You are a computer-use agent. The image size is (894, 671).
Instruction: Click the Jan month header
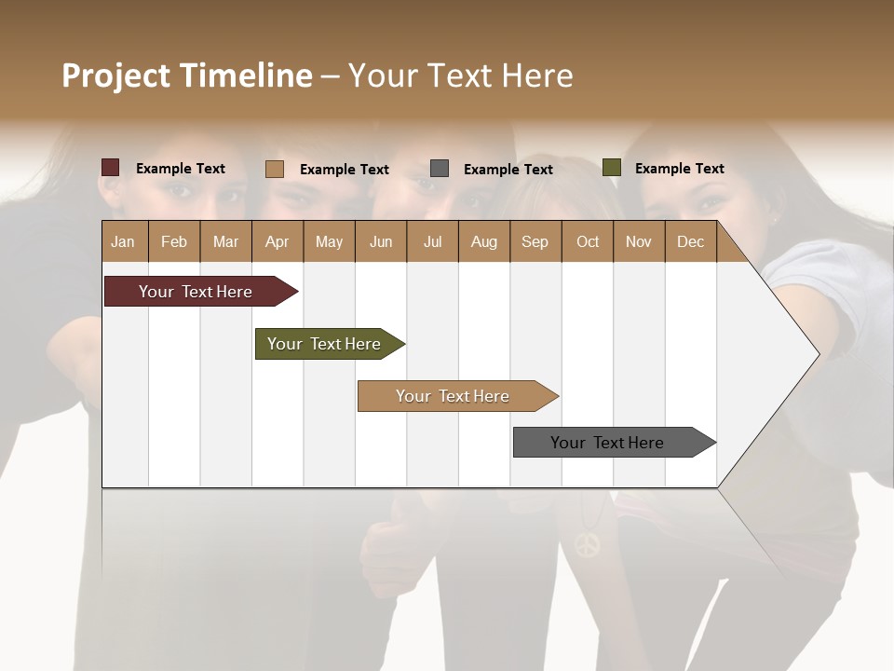tap(123, 241)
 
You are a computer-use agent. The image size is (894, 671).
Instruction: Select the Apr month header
tap(277, 241)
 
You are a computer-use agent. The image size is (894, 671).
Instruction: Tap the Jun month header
tap(381, 241)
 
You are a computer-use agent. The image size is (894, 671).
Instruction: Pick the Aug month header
tap(483, 241)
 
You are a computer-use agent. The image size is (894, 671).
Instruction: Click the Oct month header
tap(588, 241)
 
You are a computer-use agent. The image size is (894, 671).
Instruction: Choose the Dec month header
tap(690, 241)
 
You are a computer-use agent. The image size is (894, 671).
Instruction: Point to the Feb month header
tap(174, 241)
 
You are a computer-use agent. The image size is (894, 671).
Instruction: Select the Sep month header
tap(535, 241)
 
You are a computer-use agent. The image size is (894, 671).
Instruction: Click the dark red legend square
tap(111, 168)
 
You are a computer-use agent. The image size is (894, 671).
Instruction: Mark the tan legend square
tap(275, 169)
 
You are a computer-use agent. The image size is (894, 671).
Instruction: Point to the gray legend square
tap(440, 169)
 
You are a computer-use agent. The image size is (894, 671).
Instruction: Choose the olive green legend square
tap(612, 168)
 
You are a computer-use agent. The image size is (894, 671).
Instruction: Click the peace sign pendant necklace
tap(587, 543)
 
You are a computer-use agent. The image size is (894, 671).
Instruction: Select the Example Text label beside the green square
tap(679, 169)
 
